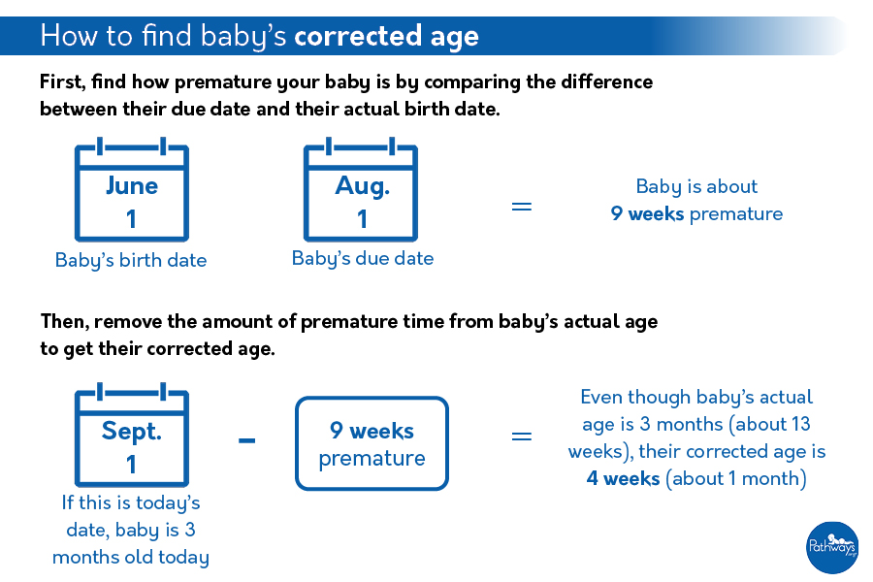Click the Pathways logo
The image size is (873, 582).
click(x=832, y=547)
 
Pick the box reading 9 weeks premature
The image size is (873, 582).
click(x=372, y=443)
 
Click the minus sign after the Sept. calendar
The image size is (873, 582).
click(x=247, y=440)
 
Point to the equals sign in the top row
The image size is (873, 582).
click(x=522, y=206)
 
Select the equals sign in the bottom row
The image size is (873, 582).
click(x=522, y=436)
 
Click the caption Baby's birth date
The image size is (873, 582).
click(x=131, y=260)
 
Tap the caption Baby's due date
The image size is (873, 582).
click(x=363, y=258)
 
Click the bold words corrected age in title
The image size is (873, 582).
click(x=386, y=37)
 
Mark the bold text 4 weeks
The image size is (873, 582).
click(x=623, y=478)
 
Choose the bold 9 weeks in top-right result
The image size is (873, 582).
click(x=647, y=213)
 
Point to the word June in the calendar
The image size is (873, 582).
click(x=132, y=185)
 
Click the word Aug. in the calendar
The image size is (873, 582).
click(x=362, y=185)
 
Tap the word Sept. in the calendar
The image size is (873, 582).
click(x=132, y=430)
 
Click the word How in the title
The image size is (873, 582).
click(x=66, y=37)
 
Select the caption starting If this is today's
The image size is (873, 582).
click(x=131, y=530)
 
